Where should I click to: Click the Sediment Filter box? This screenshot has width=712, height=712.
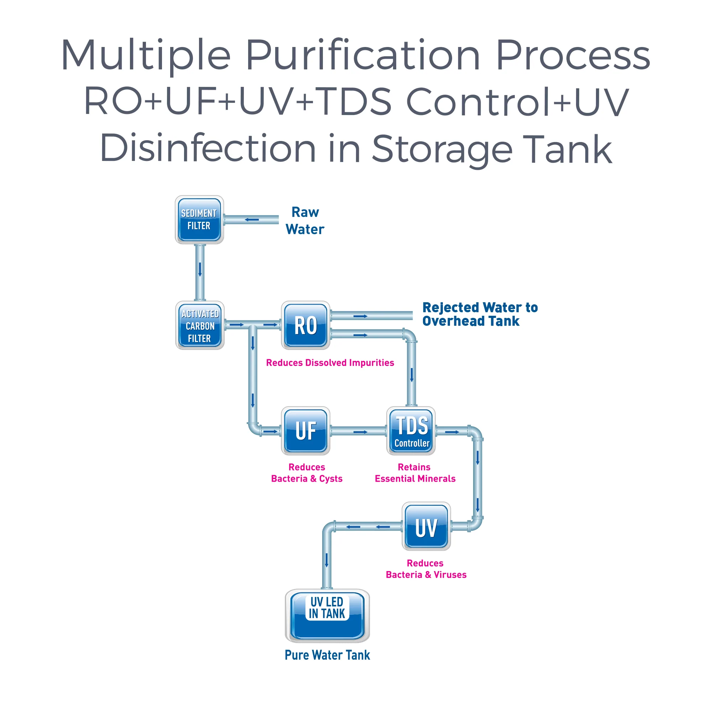pyautogui.click(x=199, y=220)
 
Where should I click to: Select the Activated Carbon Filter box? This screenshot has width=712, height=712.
pyautogui.click(x=200, y=325)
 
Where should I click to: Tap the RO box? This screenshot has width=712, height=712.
pyautogui.click(x=305, y=325)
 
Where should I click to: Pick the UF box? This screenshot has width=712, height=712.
pyautogui.click(x=305, y=431)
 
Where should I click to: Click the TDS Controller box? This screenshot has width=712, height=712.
pyautogui.click(x=411, y=431)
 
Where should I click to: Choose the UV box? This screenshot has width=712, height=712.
pyautogui.click(x=426, y=526)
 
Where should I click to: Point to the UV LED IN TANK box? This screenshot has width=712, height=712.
pyautogui.click(x=327, y=616)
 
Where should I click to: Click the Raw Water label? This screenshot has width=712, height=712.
pyautogui.click(x=305, y=220)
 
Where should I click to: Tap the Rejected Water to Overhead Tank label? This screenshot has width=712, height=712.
pyautogui.click(x=480, y=314)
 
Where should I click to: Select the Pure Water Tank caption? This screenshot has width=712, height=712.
pyautogui.click(x=327, y=655)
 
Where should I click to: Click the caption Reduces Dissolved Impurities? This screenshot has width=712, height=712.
pyautogui.click(x=330, y=363)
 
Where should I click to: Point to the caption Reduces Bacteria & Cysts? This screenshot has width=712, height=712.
pyautogui.click(x=307, y=473)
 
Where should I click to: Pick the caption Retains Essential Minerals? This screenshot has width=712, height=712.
pyautogui.click(x=415, y=473)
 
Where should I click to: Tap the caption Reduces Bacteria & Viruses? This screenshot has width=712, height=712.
pyautogui.click(x=426, y=569)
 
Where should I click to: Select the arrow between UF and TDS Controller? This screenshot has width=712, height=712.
pyautogui.click(x=360, y=432)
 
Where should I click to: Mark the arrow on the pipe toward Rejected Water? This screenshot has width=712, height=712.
pyautogui.click(x=360, y=316)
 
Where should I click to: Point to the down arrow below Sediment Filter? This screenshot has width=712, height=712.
pyautogui.click(x=200, y=269)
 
